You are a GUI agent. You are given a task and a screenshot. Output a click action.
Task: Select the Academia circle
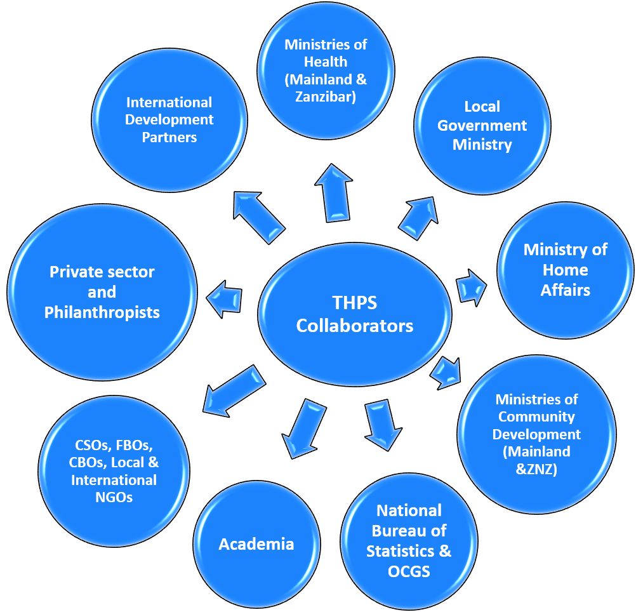coord(256,544)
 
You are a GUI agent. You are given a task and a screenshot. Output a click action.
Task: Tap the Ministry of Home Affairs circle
coord(565,270)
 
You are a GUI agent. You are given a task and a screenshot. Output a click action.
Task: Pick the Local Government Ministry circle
coord(482,126)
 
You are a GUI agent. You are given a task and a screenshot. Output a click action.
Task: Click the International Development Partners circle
coord(169,119)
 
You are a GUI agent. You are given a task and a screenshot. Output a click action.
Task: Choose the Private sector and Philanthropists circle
coord(102,292)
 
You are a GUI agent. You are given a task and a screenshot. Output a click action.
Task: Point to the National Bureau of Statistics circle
coord(409,540)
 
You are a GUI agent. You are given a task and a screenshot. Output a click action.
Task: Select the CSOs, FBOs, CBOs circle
coord(114,462)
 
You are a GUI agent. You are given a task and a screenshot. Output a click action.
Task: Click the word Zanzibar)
coord(326,97)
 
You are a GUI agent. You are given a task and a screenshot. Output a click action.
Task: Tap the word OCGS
coord(409,571)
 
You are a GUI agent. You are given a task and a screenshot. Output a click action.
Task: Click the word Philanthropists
coord(102,312)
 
